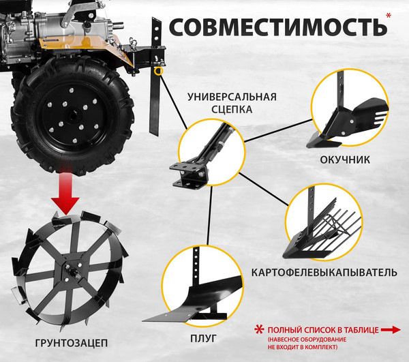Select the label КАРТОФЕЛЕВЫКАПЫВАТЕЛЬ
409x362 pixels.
coord(324,273)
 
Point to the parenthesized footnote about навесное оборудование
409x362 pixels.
coord(307,344)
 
